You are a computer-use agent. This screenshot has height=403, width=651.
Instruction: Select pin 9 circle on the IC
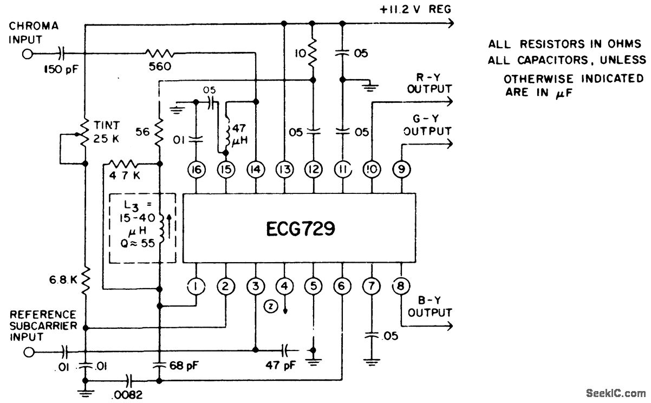[x=401, y=170]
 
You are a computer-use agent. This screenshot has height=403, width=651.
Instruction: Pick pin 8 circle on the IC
[x=401, y=285]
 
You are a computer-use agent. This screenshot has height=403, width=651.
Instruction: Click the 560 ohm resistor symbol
[x=159, y=53]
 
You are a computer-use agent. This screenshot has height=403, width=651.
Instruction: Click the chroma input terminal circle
[x=26, y=54]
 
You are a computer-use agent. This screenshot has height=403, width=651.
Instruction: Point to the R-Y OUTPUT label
[x=429, y=83]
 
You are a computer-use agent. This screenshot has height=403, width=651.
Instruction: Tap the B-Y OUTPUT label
[x=429, y=307]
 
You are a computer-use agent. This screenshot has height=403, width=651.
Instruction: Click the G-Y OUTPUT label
[x=429, y=125]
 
